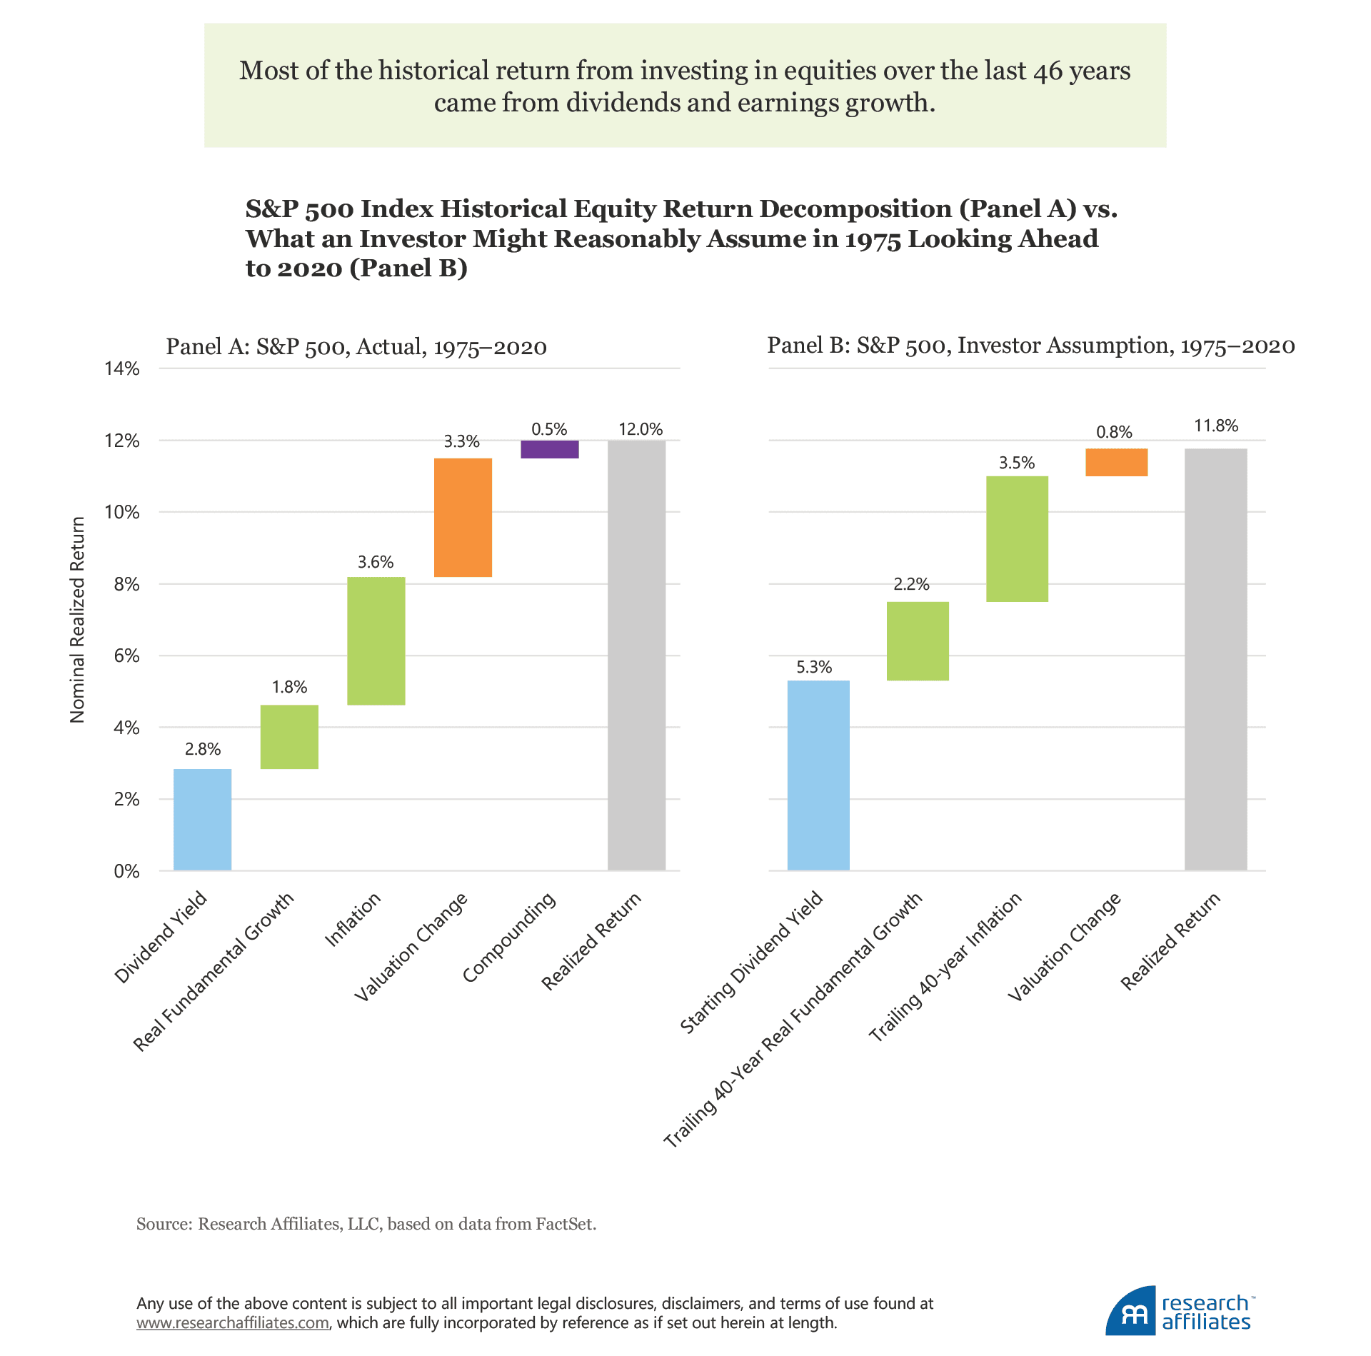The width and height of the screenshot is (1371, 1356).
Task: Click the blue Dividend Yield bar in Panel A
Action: (x=202, y=819)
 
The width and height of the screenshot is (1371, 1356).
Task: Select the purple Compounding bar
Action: (x=549, y=449)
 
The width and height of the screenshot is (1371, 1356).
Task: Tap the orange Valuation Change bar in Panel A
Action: (x=463, y=517)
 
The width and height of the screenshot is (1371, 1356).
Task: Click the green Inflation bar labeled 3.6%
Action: (x=376, y=641)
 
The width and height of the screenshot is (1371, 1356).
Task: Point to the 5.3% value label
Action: (x=814, y=667)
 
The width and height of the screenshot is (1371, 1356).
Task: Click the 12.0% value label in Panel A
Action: (x=641, y=429)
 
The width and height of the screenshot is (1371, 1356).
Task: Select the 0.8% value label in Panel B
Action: (x=1114, y=432)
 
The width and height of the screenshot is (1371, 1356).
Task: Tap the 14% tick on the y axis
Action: (x=122, y=368)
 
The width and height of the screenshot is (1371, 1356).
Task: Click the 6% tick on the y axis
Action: (x=126, y=656)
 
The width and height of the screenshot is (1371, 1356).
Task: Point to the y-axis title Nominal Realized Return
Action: (x=77, y=620)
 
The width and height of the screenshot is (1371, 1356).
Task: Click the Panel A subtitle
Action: (x=356, y=347)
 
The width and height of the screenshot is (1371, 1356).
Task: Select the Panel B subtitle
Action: (x=1030, y=346)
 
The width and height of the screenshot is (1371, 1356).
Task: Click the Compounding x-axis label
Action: (x=508, y=937)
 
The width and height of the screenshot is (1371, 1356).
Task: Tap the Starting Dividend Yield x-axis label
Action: (x=751, y=962)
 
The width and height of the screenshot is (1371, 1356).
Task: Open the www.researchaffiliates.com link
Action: (x=233, y=1322)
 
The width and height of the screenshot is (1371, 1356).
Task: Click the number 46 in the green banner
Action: (x=1048, y=71)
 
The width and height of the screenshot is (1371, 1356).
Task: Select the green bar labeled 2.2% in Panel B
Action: (x=918, y=641)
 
